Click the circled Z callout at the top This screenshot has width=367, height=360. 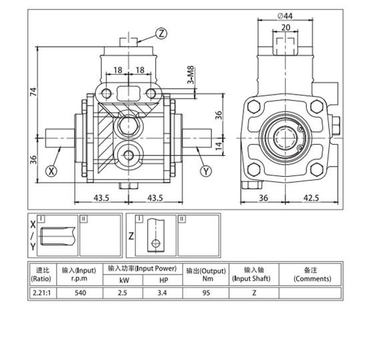161,33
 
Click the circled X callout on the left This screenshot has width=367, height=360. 51,171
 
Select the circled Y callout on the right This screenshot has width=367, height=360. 206,171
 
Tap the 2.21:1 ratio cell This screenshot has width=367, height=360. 41,292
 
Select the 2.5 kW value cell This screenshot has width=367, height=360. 122,292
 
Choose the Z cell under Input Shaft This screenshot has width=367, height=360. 254,292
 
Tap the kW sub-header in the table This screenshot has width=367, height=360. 122,280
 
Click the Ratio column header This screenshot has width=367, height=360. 41,274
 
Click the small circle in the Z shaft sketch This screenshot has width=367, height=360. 155,243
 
